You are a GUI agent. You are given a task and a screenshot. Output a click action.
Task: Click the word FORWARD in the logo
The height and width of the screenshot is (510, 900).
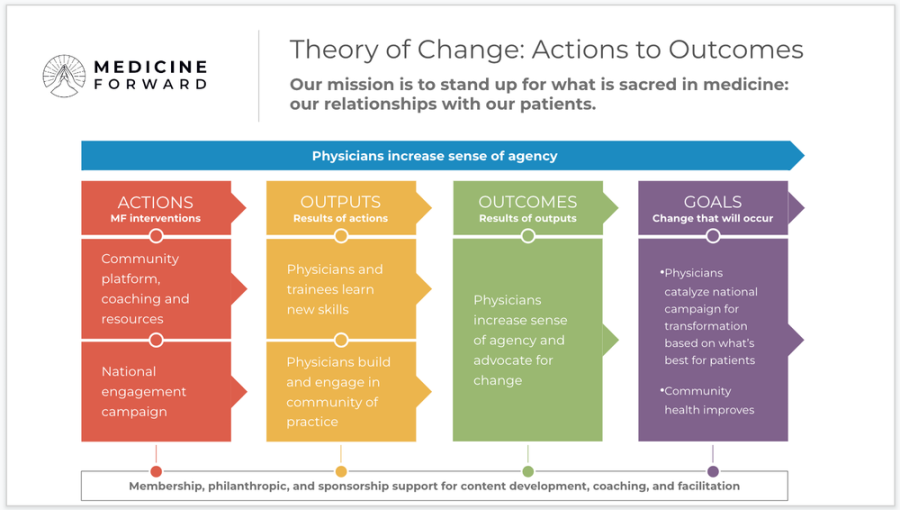pyautogui.click(x=150, y=84)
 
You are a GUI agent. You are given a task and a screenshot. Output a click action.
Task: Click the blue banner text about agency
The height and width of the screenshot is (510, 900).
pyautogui.click(x=434, y=156)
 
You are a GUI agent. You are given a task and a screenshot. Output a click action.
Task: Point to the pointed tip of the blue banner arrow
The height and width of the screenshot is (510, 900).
pyautogui.click(x=802, y=156)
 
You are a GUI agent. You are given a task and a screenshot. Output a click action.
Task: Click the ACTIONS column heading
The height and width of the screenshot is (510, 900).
pyautogui.click(x=155, y=202)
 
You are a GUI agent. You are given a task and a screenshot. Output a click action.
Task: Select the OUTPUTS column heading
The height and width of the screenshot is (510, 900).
pyautogui.click(x=340, y=202)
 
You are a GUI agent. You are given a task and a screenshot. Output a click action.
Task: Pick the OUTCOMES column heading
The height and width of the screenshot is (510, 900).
pyautogui.click(x=527, y=202)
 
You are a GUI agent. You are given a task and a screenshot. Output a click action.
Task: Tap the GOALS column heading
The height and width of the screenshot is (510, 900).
pyautogui.click(x=712, y=202)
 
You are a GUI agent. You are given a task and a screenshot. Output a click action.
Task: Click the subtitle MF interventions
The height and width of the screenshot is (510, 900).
pyautogui.click(x=155, y=219)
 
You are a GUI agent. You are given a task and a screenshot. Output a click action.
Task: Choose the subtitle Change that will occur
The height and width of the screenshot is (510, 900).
pyautogui.click(x=712, y=219)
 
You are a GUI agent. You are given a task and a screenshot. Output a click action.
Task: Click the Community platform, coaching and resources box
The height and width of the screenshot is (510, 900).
pyautogui.click(x=145, y=289)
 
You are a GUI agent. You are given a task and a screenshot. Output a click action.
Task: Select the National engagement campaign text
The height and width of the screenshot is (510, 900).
pyautogui.click(x=144, y=391)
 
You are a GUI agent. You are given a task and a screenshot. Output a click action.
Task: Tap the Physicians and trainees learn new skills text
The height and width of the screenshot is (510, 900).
pyautogui.click(x=334, y=289)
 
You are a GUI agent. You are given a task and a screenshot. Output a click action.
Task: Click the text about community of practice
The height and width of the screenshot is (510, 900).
pyautogui.click(x=338, y=392)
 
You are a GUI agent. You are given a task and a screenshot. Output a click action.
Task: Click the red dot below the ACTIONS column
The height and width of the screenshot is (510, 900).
pyautogui.click(x=155, y=471)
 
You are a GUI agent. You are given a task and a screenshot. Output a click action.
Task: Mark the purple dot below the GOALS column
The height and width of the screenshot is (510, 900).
pyautogui.click(x=713, y=471)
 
